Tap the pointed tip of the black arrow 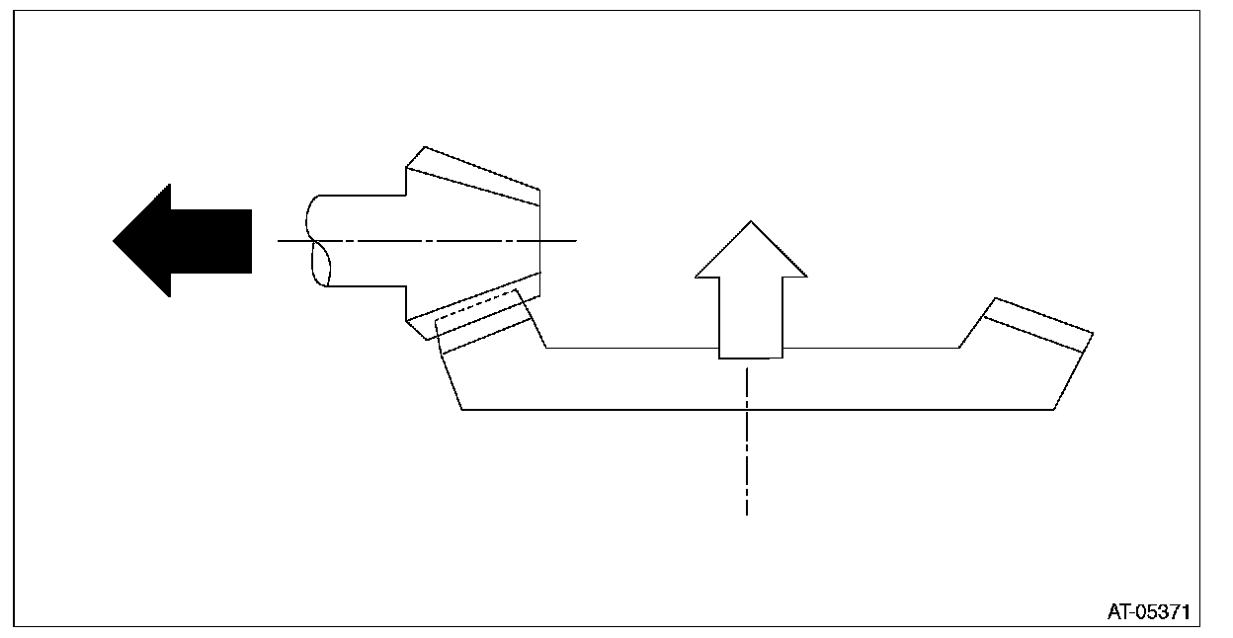pos(116,240)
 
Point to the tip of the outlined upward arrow pos(751,222)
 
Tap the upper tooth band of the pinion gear pos(474,176)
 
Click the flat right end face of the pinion pos(540,240)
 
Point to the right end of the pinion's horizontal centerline pos(574,240)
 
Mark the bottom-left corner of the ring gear pos(462,409)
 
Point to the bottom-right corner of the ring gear pos(1055,409)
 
